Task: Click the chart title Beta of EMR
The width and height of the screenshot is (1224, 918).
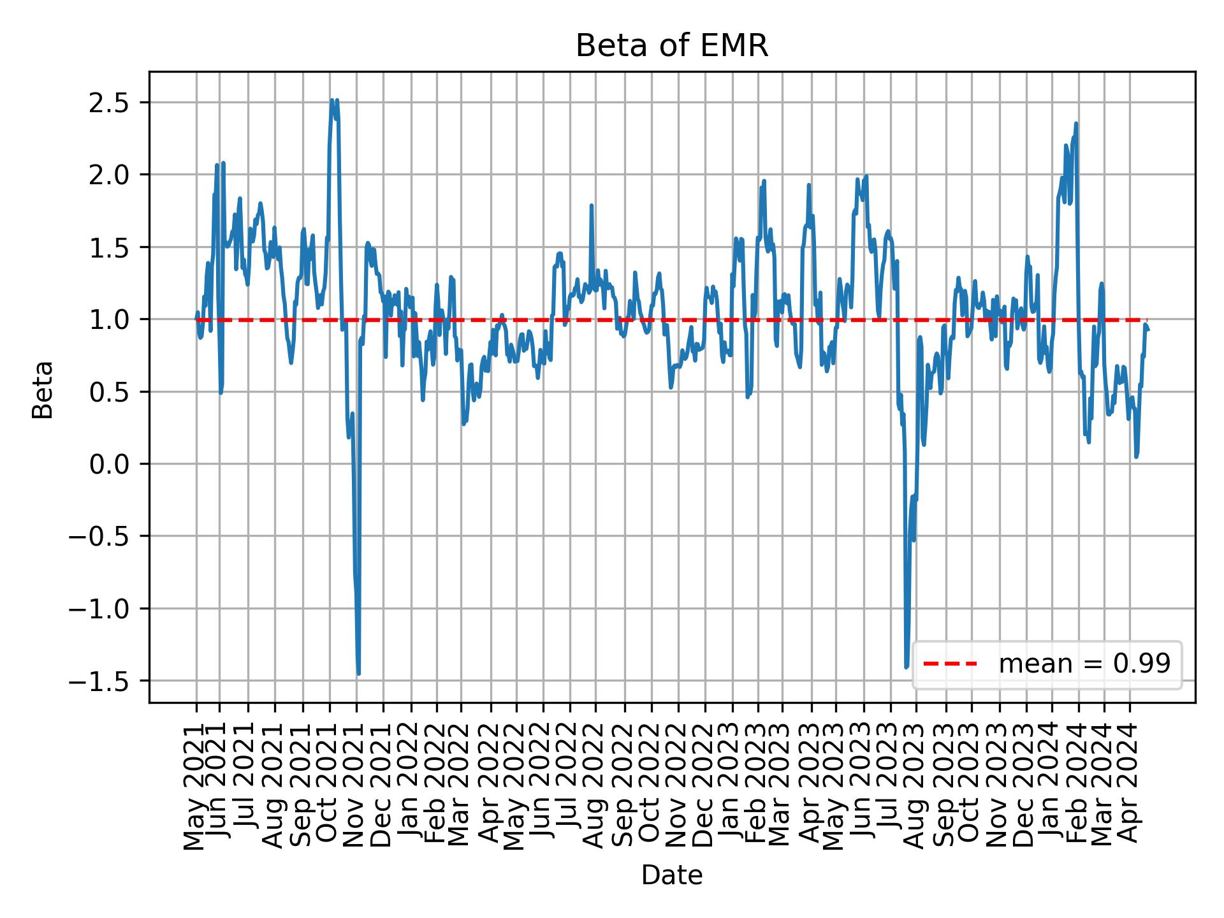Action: (x=671, y=47)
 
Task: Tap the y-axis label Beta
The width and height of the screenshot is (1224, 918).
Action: (x=43, y=390)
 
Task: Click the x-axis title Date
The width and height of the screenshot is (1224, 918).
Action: (x=671, y=875)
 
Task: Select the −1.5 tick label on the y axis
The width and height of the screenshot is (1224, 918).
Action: (x=101, y=681)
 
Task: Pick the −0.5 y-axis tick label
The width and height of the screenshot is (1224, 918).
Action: (x=101, y=537)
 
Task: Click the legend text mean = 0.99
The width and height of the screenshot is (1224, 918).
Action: (x=1084, y=664)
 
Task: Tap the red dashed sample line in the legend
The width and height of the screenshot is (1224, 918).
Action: (x=950, y=664)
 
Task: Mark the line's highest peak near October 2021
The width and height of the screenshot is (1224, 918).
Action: (x=332, y=100)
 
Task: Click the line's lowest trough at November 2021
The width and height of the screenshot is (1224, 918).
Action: (x=358, y=674)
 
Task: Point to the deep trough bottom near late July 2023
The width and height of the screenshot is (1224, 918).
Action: (x=906, y=667)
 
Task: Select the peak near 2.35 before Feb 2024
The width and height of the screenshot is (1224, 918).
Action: (x=1076, y=124)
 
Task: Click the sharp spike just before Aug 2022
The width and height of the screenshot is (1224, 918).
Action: (x=592, y=205)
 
